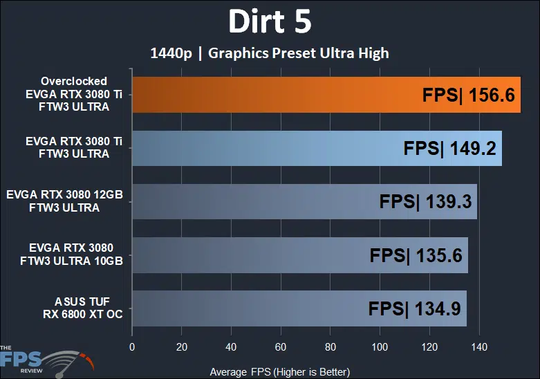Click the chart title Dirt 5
(270, 22)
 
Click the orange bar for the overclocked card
(277, 95)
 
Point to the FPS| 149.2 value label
(450, 149)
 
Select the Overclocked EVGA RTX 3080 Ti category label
(73, 94)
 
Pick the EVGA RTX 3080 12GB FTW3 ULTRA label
(64, 201)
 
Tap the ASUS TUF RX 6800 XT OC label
(73, 308)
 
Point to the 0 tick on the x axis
(131, 346)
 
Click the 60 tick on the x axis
(281, 346)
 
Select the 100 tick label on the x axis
(380, 346)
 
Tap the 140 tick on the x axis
(479, 346)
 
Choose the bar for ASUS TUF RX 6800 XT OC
(277, 308)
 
